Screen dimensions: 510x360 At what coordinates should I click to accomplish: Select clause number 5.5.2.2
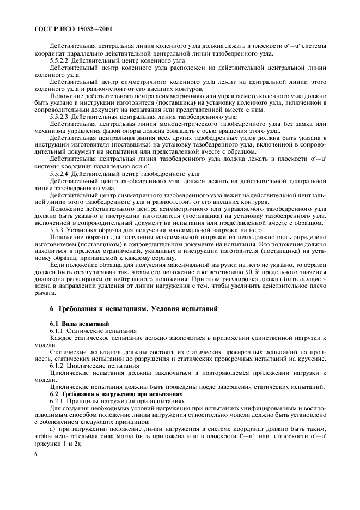click(x=59, y=62)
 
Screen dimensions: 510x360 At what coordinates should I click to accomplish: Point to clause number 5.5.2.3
click(x=59, y=116)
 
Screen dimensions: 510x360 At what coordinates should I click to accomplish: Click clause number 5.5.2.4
click(x=59, y=173)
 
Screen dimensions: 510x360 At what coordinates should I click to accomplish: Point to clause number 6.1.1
click(x=57, y=331)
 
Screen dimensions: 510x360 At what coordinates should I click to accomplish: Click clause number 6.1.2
click(x=57, y=366)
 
